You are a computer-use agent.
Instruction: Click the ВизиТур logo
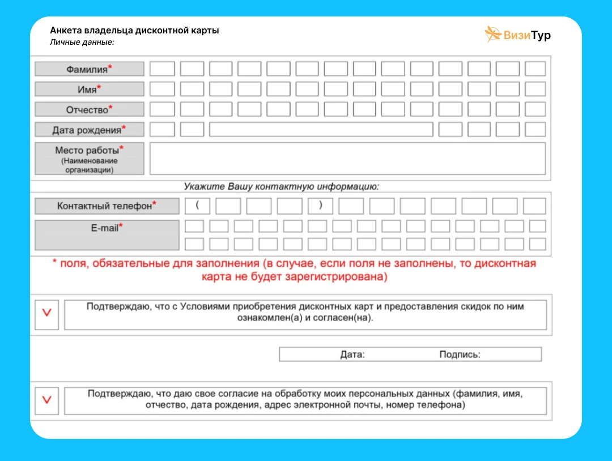517,35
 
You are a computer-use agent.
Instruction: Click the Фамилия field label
90,69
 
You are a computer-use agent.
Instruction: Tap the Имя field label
90,89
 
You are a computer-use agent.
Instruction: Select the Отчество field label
90,109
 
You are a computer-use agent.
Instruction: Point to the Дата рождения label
90,130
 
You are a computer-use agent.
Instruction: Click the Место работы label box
90,159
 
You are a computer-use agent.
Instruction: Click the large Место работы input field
347,159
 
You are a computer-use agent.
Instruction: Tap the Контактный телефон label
107,206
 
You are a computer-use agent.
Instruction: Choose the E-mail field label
107,234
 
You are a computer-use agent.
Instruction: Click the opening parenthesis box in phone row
197,206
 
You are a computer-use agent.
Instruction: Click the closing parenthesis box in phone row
320,206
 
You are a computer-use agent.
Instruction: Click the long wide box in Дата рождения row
321,130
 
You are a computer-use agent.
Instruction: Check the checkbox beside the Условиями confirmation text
47,312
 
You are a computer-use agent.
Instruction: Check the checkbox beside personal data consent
47,400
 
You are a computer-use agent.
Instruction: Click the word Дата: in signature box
352,355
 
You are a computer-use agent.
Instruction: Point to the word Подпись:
460,355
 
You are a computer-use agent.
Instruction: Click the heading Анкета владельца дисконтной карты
134,31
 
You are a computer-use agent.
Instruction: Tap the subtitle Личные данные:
82,42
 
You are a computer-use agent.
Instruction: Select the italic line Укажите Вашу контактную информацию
281,186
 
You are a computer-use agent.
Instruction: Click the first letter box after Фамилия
162,69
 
